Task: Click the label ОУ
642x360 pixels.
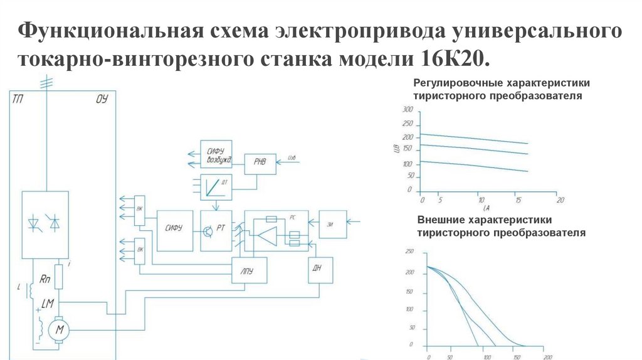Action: (103, 98)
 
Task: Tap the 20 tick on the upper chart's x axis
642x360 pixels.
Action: (560, 200)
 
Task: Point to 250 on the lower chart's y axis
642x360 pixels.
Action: (410, 252)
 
